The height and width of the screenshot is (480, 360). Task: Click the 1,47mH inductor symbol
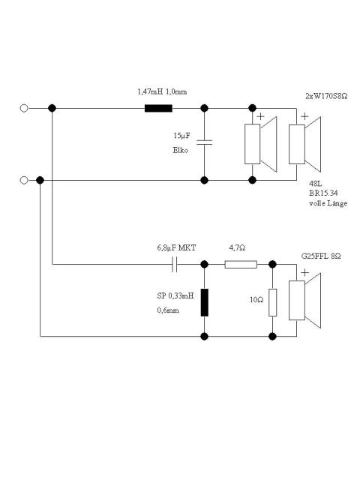[x=158, y=108]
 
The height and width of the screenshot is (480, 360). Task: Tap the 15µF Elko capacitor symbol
[x=205, y=142]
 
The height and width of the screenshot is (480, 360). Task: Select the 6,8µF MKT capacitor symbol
[x=175, y=265]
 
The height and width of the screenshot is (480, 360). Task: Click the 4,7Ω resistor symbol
[x=241, y=265]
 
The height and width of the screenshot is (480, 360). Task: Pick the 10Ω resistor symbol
[x=272, y=302]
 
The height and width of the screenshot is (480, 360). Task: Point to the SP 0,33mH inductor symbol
[x=205, y=302]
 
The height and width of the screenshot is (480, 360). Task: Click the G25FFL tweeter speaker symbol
[x=305, y=300]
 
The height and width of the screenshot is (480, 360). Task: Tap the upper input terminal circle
[x=24, y=108]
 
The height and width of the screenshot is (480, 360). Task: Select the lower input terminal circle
[x=24, y=180]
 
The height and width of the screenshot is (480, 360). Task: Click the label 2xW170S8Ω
[x=326, y=96]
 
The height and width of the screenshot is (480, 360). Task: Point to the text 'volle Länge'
[x=328, y=203]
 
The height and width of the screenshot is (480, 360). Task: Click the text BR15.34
[x=323, y=193]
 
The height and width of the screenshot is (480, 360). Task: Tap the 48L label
[x=315, y=184]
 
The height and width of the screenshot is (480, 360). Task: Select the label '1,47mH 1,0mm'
[x=162, y=91]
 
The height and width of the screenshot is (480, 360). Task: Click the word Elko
[x=181, y=150]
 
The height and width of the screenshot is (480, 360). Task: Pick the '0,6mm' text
[x=168, y=310]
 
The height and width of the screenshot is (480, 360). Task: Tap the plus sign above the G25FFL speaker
[x=304, y=272]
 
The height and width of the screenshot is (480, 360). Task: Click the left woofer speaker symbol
[x=260, y=144]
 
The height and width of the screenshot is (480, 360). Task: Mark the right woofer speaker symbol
[x=305, y=144]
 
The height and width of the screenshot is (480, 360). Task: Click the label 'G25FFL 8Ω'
[x=321, y=256]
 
